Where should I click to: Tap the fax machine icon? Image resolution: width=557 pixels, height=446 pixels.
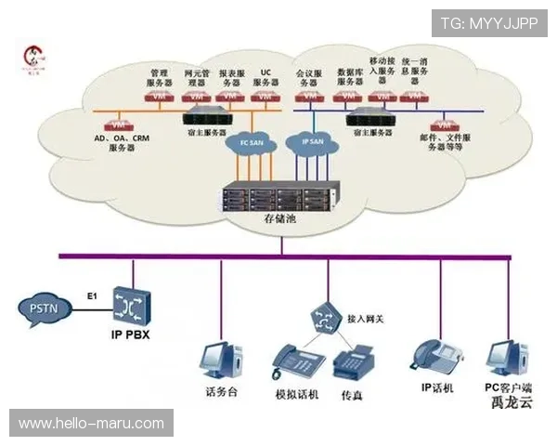tap(353, 361)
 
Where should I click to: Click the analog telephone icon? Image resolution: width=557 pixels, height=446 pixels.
tap(297, 362)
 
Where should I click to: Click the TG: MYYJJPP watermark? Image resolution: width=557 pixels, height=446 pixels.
tap(488, 23)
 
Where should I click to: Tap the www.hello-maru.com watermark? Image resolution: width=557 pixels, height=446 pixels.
tap(91, 424)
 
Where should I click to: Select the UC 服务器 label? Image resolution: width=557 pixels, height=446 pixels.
tap(266, 77)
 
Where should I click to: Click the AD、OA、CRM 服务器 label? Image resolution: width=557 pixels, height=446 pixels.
tap(122, 143)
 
